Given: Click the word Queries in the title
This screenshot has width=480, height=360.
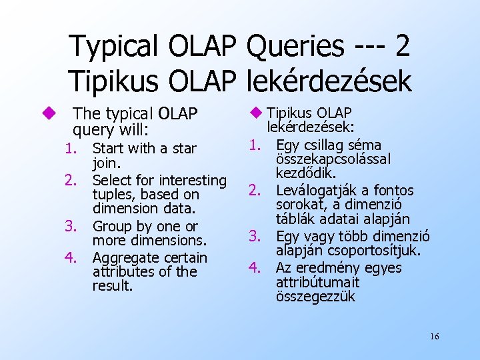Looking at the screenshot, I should tap(295, 47).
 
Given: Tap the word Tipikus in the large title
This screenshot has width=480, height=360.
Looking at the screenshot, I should tap(115, 81).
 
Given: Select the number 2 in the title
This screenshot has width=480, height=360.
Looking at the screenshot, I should tap(402, 47).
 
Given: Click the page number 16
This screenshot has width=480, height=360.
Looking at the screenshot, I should tap(434, 337).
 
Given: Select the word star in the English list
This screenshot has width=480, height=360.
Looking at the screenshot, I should tap(183, 148).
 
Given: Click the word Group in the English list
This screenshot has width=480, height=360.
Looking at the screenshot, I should tap(113, 226).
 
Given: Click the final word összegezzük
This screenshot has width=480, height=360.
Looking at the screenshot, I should tap(315, 297).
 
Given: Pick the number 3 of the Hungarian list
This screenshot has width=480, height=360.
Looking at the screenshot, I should tap(254, 236).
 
